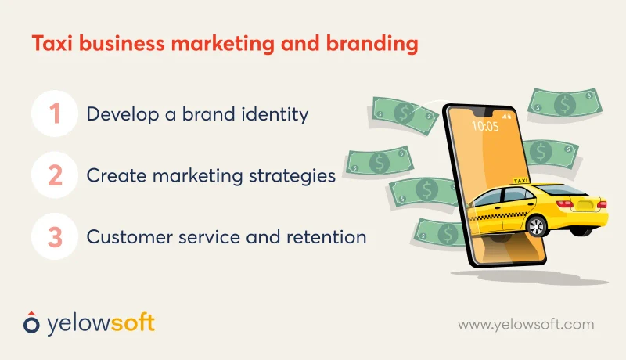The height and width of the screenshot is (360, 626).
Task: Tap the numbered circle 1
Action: point(55,114)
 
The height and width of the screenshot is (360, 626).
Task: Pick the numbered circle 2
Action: point(55,175)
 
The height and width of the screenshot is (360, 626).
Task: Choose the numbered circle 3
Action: point(55,236)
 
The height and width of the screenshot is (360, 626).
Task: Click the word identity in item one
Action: point(275,114)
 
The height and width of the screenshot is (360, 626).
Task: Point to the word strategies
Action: point(293,175)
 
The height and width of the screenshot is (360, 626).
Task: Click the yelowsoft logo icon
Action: point(29,322)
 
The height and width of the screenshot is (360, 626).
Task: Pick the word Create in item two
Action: point(110,175)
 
